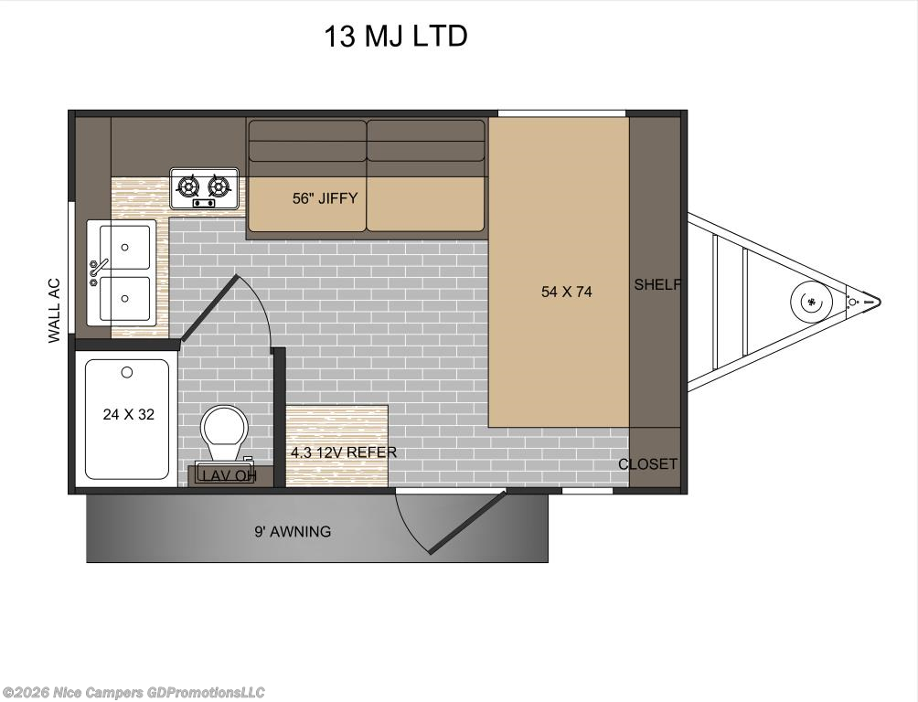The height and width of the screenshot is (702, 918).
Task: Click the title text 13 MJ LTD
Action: point(395,37)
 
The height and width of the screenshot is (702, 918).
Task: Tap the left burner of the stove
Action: point(188,186)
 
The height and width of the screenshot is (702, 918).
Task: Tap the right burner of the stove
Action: point(219,186)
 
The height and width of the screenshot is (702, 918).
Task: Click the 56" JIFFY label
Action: point(325,197)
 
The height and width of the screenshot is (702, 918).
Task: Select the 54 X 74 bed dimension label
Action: point(567,292)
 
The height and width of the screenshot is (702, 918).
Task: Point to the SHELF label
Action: point(657,285)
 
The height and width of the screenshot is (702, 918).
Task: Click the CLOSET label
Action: point(647,464)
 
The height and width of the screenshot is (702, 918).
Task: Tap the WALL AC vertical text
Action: point(54,311)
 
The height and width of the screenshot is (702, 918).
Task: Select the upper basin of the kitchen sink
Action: point(124,243)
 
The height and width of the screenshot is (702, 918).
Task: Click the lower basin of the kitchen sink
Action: point(124,297)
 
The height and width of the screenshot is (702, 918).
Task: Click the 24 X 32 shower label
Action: point(128,414)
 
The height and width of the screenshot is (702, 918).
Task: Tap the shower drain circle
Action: point(127,372)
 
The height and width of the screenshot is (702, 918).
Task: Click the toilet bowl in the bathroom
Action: point(222,427)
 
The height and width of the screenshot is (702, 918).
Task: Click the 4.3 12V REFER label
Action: point(343,452)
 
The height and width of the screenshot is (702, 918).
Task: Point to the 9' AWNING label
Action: point(293,531)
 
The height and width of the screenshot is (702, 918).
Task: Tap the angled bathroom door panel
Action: point(208,309)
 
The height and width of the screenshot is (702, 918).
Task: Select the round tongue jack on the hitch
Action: point(811,301)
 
